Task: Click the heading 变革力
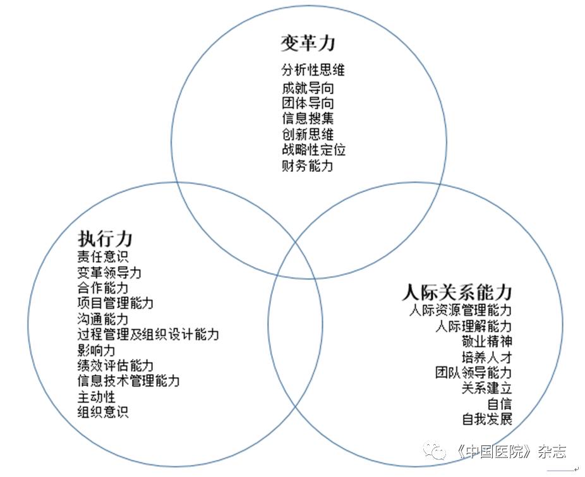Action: click(x=308, y=43)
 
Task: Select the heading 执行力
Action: click(x=105, y=239)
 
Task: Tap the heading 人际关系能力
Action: click(x=457, y=293)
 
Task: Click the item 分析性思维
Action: click(x=313, y=70)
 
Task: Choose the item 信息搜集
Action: click(x=308, y=118)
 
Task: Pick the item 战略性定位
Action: click(x=313, y=150)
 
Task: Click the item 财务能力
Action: click(x=308, y=166)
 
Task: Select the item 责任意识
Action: click(x=103, y=257)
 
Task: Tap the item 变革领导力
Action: click(x=109, y=273)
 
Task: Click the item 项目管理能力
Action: click(x=116, y=303)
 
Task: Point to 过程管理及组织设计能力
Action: click(x=148, y=334)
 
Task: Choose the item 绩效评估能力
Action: click(x=116, y=366)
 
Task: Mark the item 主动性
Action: click(x=97, y=397)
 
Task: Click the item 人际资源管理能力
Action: click(x=460, y=311)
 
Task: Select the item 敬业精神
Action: click(x=486, y=342)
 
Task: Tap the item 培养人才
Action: click(x=486, y=358)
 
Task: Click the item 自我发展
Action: click(x=486, y=420)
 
